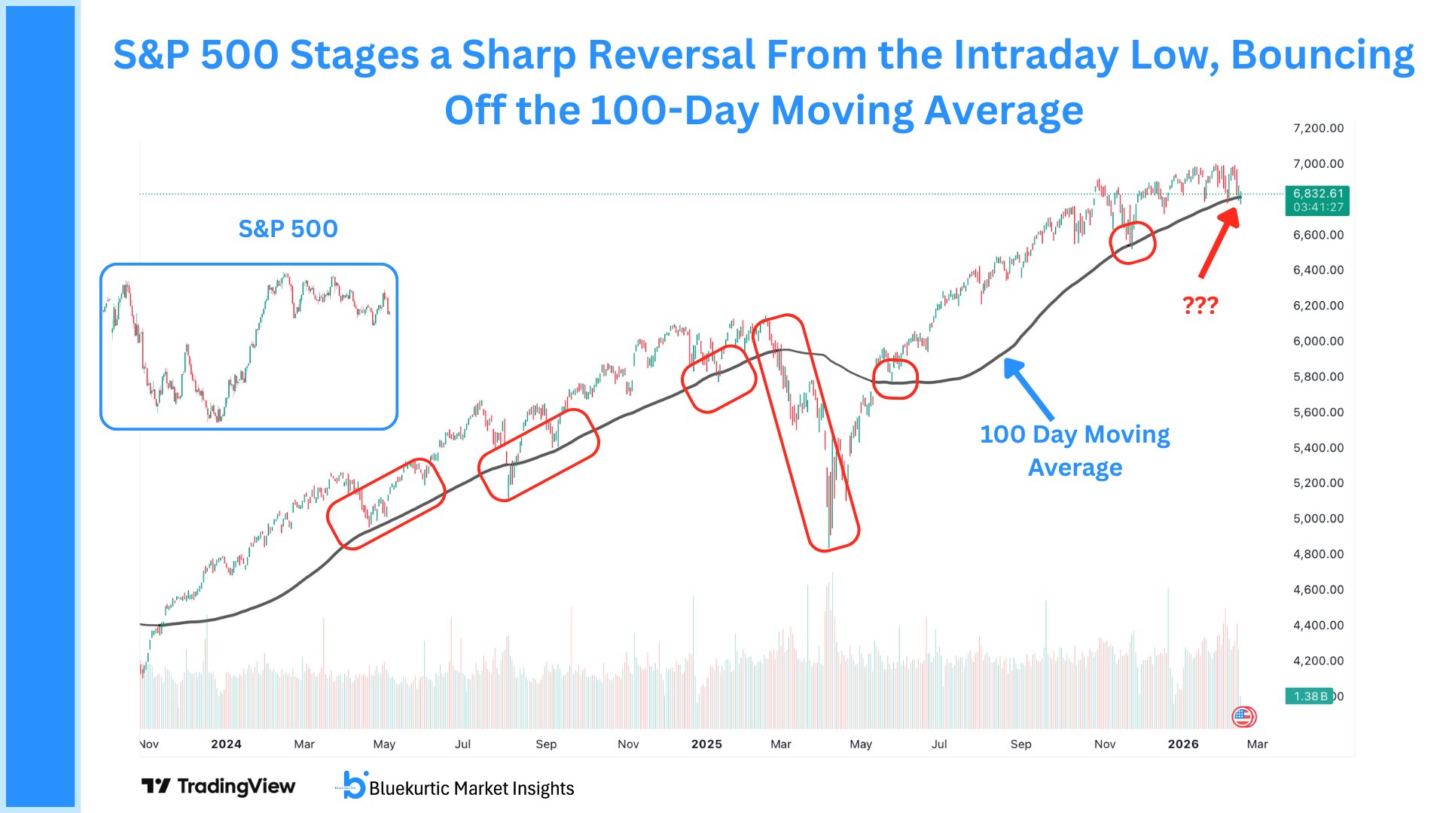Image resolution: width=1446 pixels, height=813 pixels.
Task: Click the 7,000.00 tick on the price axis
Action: pyautogui.click(x=1318, y=163)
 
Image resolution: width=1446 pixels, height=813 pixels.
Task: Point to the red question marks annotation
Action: pyautogui.click(x=1200, y=305)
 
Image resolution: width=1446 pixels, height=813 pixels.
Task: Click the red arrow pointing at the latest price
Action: pyautogui.click(x=1218, y=242)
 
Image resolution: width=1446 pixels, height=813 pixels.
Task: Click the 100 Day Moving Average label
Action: pyautogui.click(x=1075, y=450)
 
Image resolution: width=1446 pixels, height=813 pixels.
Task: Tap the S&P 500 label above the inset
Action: pyautogui.click(x=288, y=229)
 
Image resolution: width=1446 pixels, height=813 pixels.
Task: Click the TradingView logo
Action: pyautogui.click(x=218, y=787)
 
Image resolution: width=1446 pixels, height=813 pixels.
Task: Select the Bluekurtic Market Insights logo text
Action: pyautogui.click(x=471, y=788)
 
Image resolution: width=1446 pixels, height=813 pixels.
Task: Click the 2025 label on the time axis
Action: pyautogui.click(x=706, y=744)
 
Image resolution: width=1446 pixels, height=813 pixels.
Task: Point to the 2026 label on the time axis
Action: pyautogui.click(x=1183, y=744)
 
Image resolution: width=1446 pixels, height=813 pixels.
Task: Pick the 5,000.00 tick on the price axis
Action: pyautogui.click(x=1318, y=518)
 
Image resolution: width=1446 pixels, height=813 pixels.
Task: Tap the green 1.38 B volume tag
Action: pyautogui.click(x=1310, y=696)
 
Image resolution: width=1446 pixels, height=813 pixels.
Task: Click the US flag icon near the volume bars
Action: pyautogui.click(x=1243, y=717)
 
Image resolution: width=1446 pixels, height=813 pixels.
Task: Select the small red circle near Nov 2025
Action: pyautogui.click(x=1133, y=242)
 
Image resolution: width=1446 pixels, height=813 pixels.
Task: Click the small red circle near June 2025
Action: pyautogui.click(x=895, y=379)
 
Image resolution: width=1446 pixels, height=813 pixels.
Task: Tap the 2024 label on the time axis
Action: pyautogui.click(x=226, y=744)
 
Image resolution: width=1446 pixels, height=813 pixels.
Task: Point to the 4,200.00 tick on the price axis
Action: pyautogui.click(x=1318, y=660)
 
